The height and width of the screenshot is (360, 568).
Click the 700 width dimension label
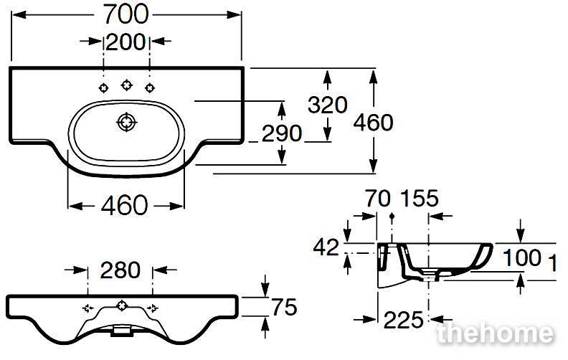[x=126, y=14]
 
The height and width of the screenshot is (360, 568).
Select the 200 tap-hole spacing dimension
[x=126, y=42]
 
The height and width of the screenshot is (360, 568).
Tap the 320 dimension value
[x=328, y=105]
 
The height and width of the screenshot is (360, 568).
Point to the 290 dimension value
[x=281, y=133]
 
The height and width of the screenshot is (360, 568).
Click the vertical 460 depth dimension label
[x=373, y=122]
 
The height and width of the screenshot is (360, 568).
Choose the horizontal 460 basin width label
[x=124, y=205]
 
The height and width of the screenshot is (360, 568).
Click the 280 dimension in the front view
[x=120, y=270]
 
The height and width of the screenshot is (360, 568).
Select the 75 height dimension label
[x=285, y=307]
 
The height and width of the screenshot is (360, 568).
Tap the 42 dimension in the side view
[x=326, y=247]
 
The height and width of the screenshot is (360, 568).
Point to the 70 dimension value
[x=378, y=199]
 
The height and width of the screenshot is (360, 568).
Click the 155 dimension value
[x=419, y=199]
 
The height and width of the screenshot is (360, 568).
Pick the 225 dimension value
[x=403, y=320]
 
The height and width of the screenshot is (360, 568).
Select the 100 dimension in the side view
[x=522, y=258]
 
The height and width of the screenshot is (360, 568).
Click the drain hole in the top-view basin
[x=126, y=123]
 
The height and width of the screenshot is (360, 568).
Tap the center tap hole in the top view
[x=126, y=85]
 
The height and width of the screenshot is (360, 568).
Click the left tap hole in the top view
[x=103, y=87]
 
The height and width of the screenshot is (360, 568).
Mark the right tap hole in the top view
[x=150, y=87]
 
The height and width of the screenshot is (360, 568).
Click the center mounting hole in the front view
[x=122, y=306]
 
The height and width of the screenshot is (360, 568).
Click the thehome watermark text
[x=495, y=333]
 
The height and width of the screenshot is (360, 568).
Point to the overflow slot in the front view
[x=121, y=331]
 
